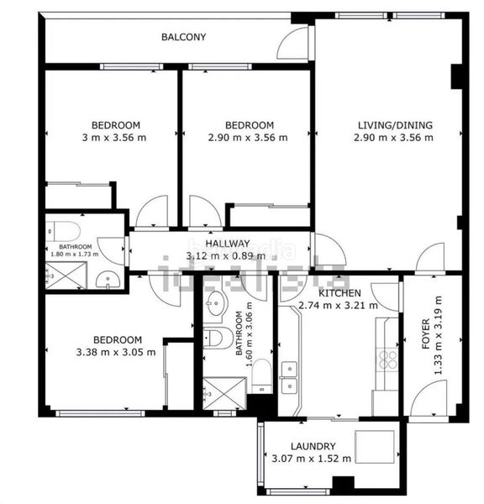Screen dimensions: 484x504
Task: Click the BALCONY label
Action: (183, 37)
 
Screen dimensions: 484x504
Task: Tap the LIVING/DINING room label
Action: (395, 125)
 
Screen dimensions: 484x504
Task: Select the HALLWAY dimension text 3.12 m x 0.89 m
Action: (226, 256)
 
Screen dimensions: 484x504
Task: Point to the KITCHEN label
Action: (339, 293)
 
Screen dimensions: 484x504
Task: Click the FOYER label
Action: (425, 333)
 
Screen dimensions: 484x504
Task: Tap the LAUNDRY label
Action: (313, 446)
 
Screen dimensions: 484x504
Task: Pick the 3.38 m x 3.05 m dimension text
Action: (116, 352)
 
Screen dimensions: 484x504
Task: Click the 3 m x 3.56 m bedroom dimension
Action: (114, 138)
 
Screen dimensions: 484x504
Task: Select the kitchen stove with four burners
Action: (387, 360)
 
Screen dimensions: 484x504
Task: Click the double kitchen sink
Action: (289, 377)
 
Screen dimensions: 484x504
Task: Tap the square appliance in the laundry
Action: (375, 447)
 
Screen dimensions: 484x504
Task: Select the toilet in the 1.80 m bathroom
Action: (63, 231)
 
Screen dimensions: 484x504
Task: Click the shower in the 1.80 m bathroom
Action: (66, 276)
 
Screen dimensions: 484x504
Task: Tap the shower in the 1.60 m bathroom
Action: (224, 393)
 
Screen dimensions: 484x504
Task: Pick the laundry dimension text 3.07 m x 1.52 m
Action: (311, 459)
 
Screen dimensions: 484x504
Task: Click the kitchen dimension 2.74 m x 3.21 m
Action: (338, 306)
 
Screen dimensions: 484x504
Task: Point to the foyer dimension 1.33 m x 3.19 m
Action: (439, 335)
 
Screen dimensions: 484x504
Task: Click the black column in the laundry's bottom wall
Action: (343, 485)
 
